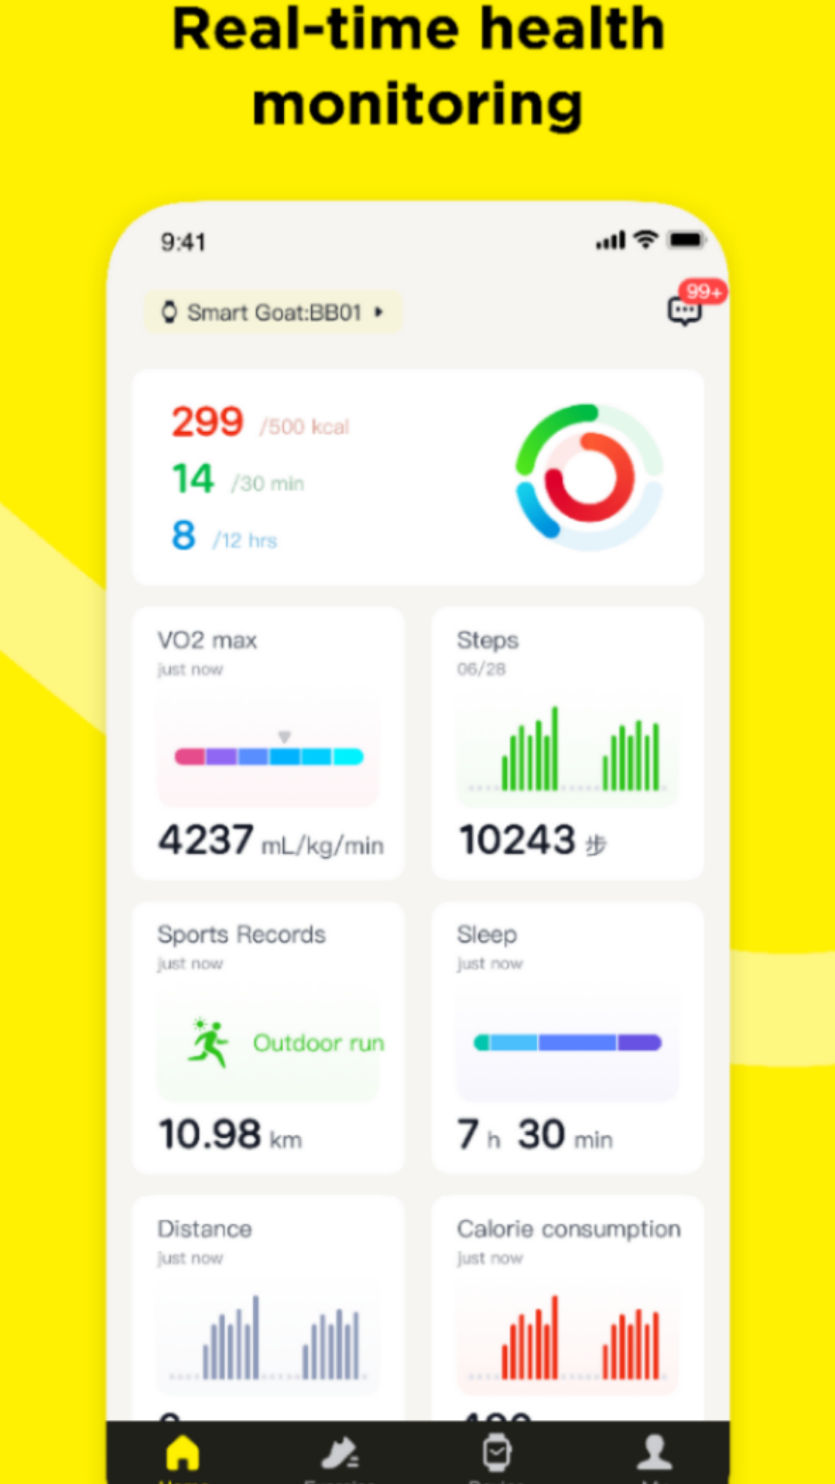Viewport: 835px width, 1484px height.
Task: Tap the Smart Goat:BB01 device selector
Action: click(273, 312)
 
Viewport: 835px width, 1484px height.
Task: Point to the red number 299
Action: click(207, 422)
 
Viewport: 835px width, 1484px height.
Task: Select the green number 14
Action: click(193, 478)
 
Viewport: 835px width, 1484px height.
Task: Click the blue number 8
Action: click(183, 535)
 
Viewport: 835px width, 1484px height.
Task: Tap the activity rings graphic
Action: click(589, 477)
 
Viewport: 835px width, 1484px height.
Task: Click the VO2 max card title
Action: click(207, 640)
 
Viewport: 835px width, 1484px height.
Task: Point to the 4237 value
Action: click(206, 839)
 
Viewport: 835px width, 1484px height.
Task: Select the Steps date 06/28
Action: click(481, 669)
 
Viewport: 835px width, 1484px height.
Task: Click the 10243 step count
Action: click(517, 839)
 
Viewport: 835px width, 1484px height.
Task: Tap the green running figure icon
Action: click(207, 1043)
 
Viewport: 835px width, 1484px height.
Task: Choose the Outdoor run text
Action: click(319, 1043)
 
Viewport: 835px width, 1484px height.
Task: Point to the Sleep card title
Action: click(486, 934)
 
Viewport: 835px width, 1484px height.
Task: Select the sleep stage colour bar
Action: click(567, 1043)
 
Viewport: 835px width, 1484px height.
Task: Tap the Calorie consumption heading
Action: click(568, 1229)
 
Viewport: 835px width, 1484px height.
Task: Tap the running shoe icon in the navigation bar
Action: click(339, 1453)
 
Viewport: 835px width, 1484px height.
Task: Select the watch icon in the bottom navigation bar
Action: click(496, 1453)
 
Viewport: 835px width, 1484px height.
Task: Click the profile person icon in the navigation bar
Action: click(654, 1453)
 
